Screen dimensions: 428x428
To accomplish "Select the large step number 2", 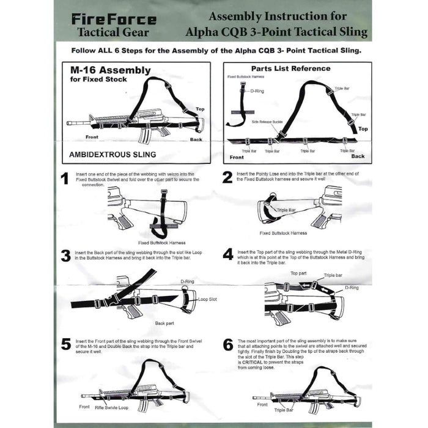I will (227, 178).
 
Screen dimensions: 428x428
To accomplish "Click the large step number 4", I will (227, 254).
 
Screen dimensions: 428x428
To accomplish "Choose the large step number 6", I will (227, 344).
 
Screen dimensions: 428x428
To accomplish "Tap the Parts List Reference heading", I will (290, 68).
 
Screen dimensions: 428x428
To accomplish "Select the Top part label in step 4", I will (298, 273).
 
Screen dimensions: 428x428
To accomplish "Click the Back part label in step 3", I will (164, 322).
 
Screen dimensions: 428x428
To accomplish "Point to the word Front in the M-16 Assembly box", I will (92, 136).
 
